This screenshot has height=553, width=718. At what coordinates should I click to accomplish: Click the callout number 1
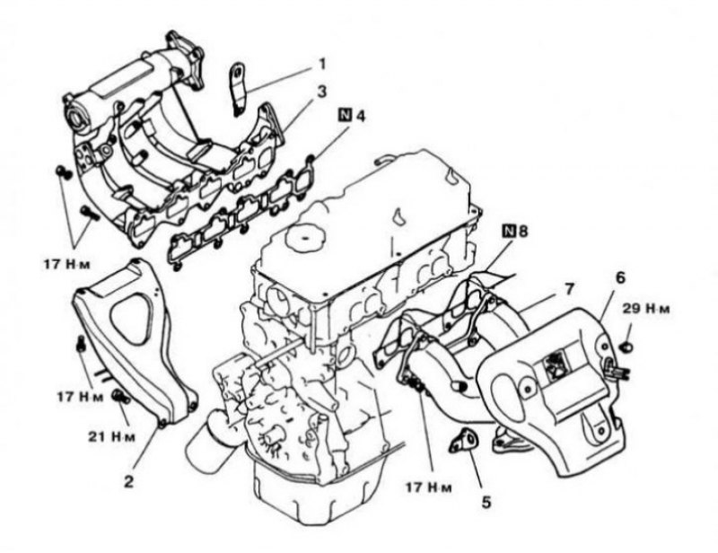coord(322,64)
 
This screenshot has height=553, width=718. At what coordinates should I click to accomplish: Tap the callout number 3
coord(322,92)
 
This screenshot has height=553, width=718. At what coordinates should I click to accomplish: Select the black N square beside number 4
coord(346,115)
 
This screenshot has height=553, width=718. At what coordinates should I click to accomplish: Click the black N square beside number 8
coord(509,231)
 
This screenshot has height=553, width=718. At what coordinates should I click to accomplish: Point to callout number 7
coord(569,289)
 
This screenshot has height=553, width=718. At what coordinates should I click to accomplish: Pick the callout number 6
coord(620,277)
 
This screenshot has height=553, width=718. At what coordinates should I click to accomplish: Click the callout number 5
coord(486,502)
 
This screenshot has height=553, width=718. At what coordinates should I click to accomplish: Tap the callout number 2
coord(128,481)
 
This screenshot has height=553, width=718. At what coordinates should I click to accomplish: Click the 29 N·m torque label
coord(645,308)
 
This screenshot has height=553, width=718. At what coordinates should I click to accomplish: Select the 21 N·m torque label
coord(112,435)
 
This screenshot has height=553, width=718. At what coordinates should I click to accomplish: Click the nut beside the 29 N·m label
coord(627,347)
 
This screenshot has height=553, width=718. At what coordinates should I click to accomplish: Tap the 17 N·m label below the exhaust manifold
coord(429,487)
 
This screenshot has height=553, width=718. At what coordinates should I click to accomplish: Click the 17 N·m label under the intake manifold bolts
coord(67,264)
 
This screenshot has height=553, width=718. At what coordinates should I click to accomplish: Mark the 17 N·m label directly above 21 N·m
coord(80,396)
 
